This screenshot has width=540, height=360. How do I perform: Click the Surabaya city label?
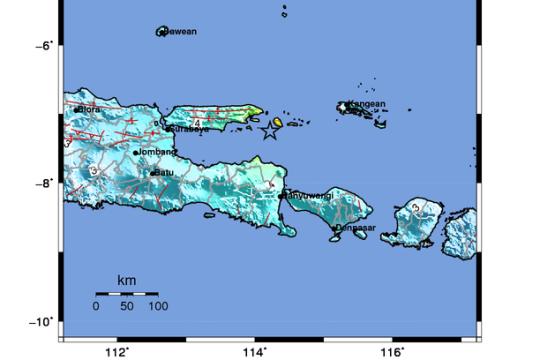pos(190,129)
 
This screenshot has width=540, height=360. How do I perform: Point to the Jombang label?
pos(158,152)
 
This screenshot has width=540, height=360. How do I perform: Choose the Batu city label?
pos(165,172)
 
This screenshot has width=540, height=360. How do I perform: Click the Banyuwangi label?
pos(309,195)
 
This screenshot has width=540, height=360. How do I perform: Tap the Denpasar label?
pos(355,228)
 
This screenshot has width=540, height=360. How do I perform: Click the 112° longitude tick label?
pos(118,351)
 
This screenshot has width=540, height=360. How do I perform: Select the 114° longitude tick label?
pos(256,351)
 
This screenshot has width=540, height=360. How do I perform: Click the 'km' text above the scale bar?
pos(127,280)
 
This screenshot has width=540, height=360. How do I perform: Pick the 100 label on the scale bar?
pos(158,306)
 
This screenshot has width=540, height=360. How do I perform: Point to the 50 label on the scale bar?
pos(127,306)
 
